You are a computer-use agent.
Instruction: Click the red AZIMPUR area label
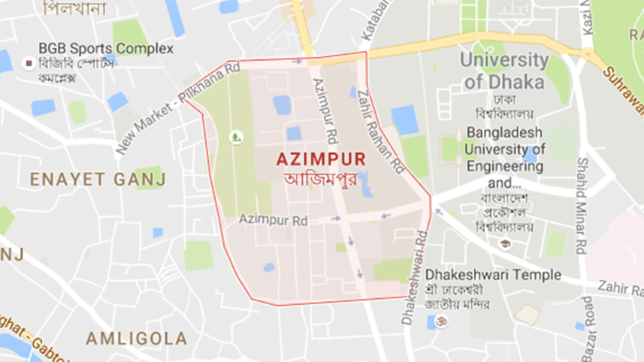(x=320, y=159)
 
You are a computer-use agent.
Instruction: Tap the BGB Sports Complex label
(x=106, y=49)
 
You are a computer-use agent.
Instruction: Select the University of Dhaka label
(x=504, y=71)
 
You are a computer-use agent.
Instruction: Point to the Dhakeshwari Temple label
(x=493, y=275)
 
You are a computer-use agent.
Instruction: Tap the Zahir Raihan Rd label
(x=382, y=126)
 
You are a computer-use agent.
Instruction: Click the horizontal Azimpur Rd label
(x=274, y=220)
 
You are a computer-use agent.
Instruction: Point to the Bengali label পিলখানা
(x=73, y=9)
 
